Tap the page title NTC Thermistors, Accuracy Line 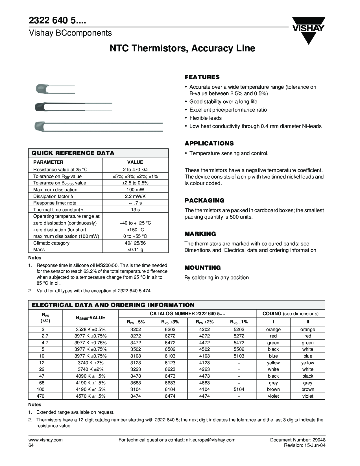coord(182,48)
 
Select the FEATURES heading coord(202,77)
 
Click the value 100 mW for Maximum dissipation coord(135,190)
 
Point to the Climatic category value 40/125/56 coord(135,243)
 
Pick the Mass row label coord(39,250)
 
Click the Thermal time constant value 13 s coord(135,210)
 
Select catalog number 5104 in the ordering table coord(239,389)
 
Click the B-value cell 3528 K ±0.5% coord(90,330)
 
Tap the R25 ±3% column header coord(170,322)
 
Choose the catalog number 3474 coord(136,396)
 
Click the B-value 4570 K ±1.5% coord(90,396)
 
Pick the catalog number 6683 coord(170,383)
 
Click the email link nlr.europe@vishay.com coord(210,440)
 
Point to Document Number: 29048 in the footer coord(298,440)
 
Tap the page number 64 coord(31,445)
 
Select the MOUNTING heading coord(202,268)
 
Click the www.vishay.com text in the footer coord(45,440)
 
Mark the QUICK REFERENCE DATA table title coord(73,153)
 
